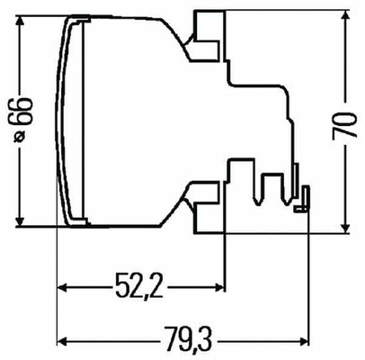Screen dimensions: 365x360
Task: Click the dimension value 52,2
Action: [140, 285]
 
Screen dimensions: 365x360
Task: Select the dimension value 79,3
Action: [188, 340]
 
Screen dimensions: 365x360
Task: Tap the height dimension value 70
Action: [344, 125]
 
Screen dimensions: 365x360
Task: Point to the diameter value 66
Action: [20, 111]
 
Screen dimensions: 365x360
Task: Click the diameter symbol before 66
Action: [20, 136]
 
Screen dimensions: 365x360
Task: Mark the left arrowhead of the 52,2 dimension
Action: [62, 288]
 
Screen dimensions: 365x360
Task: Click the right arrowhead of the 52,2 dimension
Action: [219, 288]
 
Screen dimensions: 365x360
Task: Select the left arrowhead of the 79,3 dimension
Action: [62, 341]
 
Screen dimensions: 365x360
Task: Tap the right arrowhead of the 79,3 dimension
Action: [304, 341]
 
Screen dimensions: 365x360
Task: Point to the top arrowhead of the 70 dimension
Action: [345, 15]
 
